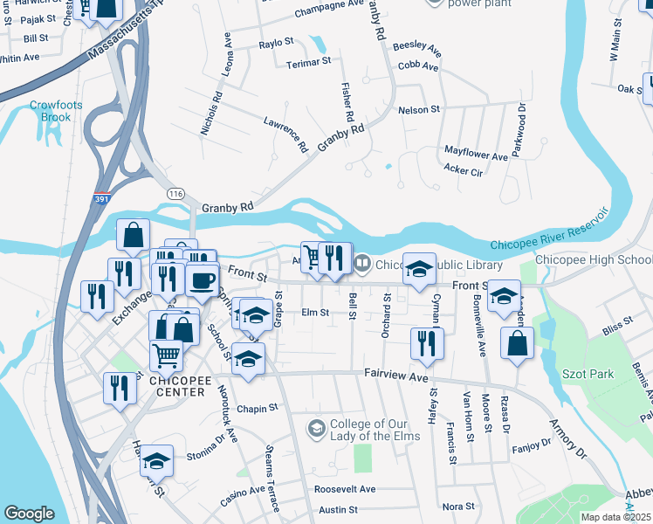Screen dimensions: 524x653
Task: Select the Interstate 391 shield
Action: [x=102, y=198]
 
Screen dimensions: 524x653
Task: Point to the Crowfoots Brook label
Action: [x=56, y=111]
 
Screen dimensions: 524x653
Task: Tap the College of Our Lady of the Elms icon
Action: [x=316, y=427]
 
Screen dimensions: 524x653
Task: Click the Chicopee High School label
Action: [x=592, y=260]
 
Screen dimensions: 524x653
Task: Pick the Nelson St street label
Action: [x=418, y=110]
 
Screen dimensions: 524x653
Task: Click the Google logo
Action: [x=30, y=514]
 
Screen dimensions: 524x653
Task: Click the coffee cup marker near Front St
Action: [x=202, y=280]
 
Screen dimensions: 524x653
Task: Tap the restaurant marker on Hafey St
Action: [x=427, y=342]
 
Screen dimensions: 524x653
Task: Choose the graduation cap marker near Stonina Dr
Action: [x=157, y=459]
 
